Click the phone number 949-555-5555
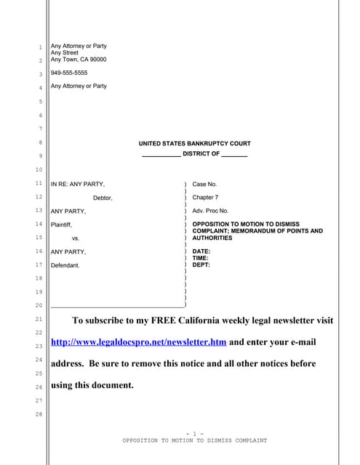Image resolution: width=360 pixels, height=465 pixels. point(68,73)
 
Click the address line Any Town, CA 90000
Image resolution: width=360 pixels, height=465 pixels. point(79,60)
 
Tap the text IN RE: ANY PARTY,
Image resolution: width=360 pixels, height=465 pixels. point(77,185)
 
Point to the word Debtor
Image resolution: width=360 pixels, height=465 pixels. point(103,198)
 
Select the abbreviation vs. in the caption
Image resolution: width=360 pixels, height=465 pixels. point(76,238)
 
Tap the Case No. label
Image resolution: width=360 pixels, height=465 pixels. point(204,185)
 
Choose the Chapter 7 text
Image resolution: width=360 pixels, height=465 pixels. point(206,198)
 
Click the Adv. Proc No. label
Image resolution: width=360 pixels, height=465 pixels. point(210,211)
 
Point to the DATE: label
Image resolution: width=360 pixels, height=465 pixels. point(201,251)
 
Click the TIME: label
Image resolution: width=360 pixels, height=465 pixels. point(201,258)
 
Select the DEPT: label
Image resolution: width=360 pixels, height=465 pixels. point(201,265)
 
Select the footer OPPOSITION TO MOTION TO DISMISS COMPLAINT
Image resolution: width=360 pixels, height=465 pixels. point(194,440)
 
